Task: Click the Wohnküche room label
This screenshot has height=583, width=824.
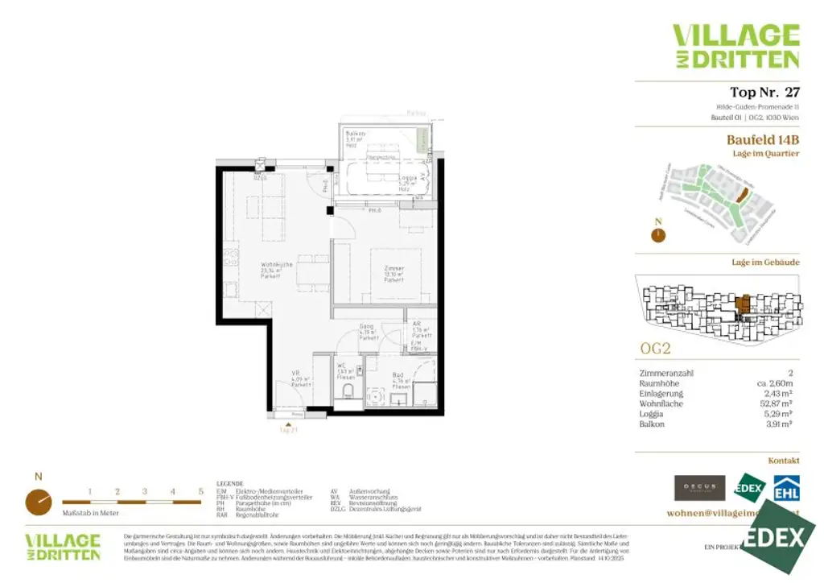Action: (x=276, y=265)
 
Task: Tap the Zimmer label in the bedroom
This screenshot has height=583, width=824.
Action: (x=393, y=268)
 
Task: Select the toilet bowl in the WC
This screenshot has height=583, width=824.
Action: (x=348, y=391)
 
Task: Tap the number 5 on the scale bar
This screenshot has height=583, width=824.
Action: (x=200, y=491)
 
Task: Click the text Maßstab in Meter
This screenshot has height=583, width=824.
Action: (x=91, y=513)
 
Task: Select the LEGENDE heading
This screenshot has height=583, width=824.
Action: (x=230, y=484)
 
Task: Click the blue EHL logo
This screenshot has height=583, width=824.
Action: (x=786, y=487)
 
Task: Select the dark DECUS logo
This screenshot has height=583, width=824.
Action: (x=699, y=487)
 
